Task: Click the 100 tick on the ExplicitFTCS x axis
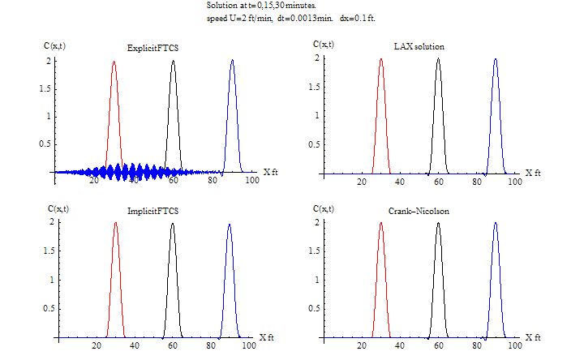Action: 251,182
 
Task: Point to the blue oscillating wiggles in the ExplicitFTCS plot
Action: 122,172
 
